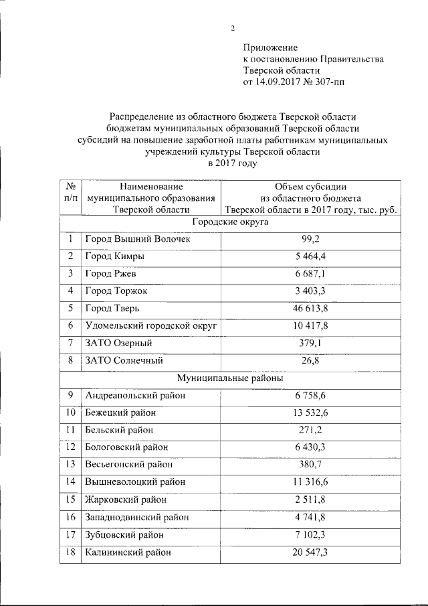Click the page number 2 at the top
(x=232, y=27)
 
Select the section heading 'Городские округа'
(x=230, y=222)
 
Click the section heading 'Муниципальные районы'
(x=230, y=378)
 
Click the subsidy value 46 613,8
(x=310, y=308)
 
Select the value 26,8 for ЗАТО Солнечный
(x=310, y=360)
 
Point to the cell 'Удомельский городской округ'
(x=143, y=325)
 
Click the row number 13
(x=70, y=465)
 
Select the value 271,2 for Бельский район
(x=310, y=430)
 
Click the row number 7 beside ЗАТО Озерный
(x=70, y=343)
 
